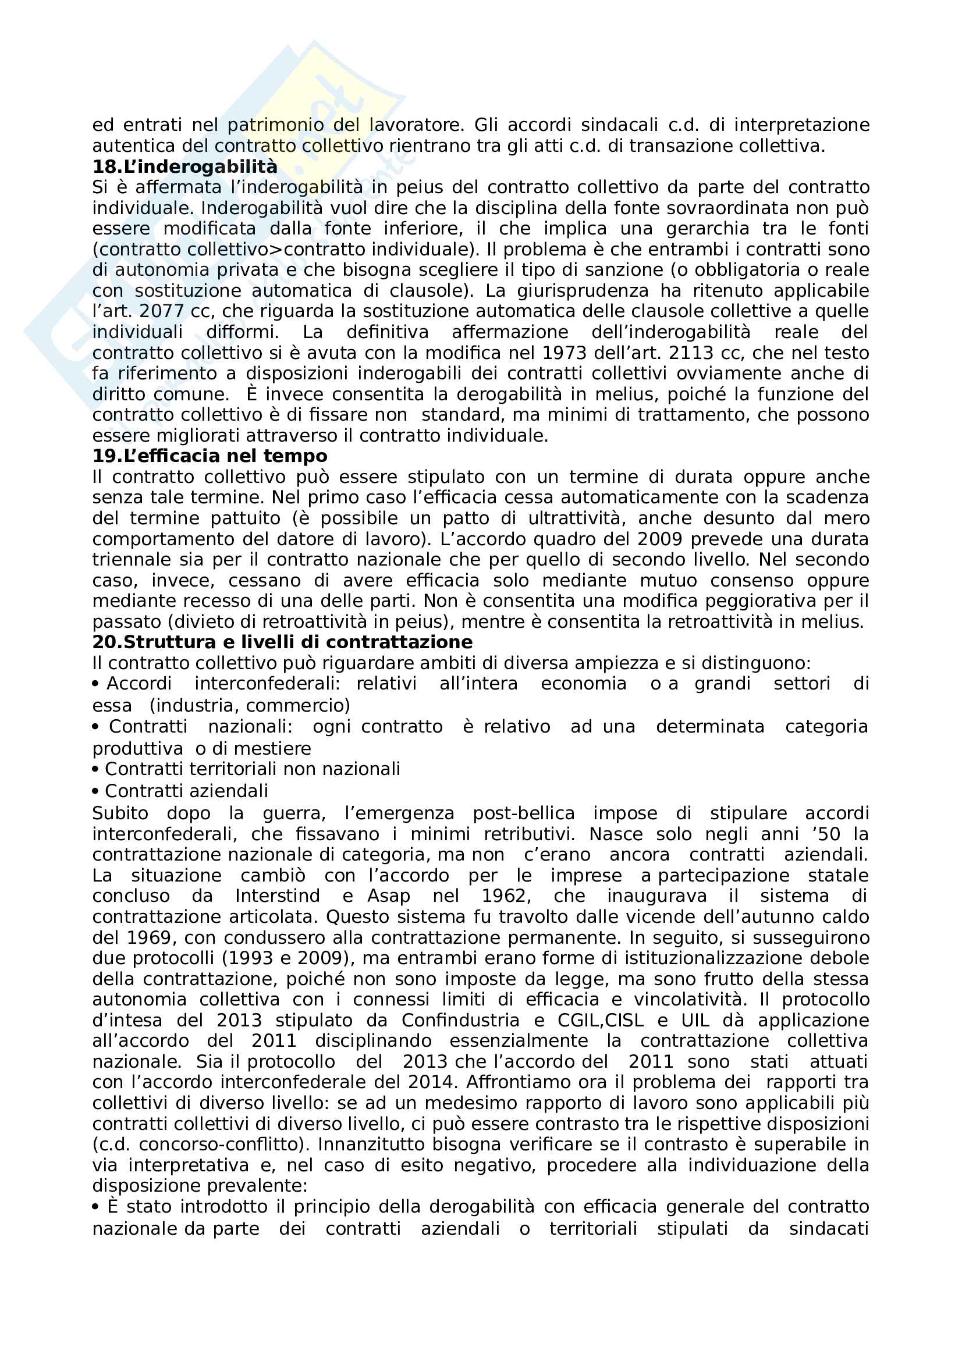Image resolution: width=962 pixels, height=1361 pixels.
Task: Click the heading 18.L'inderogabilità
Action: [184, 166]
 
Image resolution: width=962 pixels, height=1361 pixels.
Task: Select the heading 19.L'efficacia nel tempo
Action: [210, 456]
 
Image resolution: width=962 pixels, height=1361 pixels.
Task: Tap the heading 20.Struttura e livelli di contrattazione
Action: [282, 642]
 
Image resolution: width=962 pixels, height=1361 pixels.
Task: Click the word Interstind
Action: [278, 896]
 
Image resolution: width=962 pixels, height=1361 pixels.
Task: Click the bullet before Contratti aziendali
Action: [95, 791]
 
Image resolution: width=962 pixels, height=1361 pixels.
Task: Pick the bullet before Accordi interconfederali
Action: [95, 684]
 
